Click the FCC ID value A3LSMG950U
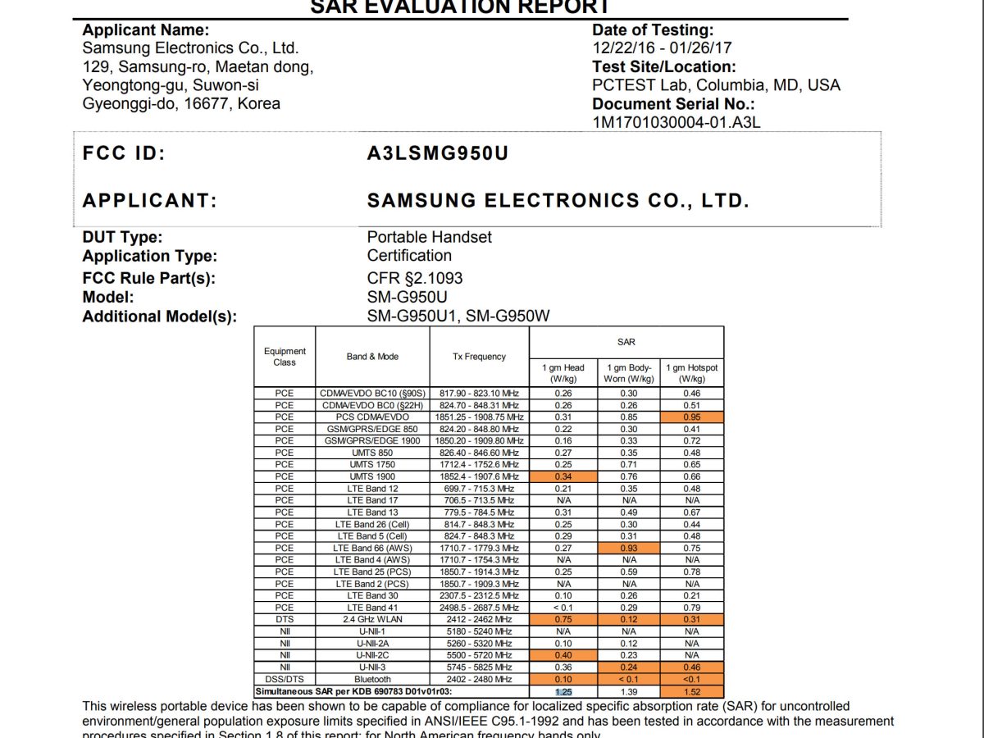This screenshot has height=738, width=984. point(438,154)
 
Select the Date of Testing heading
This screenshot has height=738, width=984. point(653,30)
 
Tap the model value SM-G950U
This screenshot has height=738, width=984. point(408,297)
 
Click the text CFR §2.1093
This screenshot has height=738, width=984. point(415,278)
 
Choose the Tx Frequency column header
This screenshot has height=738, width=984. point(479,357)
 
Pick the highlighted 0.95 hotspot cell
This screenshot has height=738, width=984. point(692,417)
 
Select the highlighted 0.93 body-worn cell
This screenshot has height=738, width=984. point(629,548)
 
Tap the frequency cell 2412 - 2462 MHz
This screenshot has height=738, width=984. point(479,620)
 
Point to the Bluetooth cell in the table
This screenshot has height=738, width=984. point(372,679)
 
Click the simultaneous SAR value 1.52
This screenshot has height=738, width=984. point(692,692)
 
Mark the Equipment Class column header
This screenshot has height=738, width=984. point(285,357)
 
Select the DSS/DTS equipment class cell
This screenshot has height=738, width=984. point(285,679)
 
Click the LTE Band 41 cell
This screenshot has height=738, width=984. point(372,608)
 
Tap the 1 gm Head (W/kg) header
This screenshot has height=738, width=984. point(563,373)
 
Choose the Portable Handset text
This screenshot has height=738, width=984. point(429,237)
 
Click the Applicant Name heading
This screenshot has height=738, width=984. point(145,30)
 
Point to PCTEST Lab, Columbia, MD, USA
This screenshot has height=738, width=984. point(716,85)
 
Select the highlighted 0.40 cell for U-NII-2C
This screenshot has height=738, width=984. point(563,655)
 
